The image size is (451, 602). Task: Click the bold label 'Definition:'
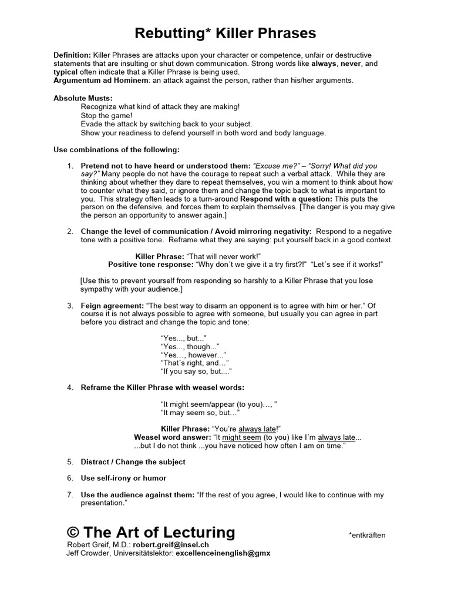point(72,55)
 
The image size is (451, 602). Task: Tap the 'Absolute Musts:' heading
point(83,98)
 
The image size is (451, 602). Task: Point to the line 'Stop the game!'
point(106,116)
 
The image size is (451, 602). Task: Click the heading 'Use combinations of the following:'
point(116,150)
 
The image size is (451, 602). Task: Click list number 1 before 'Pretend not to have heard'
point(70,166)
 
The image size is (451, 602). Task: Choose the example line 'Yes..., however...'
point(193,355)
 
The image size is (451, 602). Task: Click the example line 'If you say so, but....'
point(196,372)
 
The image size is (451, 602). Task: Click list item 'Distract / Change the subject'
point(133,462)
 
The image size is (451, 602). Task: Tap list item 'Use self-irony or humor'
point(123,478)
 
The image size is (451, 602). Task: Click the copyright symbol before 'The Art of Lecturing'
point(73,533)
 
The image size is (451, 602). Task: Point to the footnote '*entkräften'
point(367,536)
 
